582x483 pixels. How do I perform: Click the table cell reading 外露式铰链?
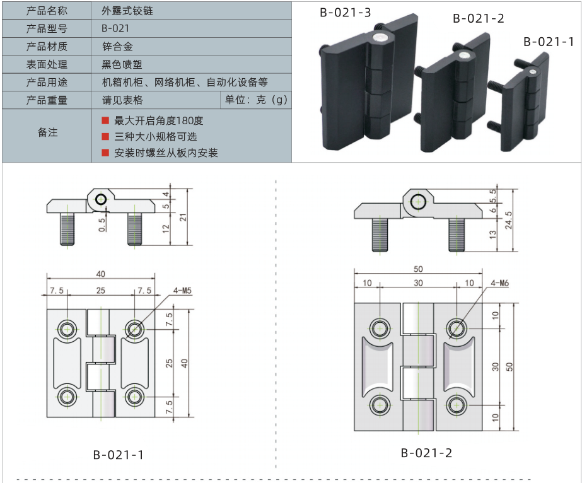tap(127, 11)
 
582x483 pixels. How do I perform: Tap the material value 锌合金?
tap(117, 47)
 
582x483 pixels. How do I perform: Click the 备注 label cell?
tap(47, 133)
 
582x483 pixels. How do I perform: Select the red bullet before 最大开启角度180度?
tap(105, 120)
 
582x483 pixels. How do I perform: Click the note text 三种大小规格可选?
tap(156, 136)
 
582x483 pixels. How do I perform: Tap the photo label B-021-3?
tap(344, 12)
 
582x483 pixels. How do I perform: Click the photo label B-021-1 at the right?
tap(548, 42)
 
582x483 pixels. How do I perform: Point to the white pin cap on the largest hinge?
tap(380, 38)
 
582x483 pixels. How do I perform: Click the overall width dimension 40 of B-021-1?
tap(101, 273)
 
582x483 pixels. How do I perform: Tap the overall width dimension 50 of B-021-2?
tap(418, 269)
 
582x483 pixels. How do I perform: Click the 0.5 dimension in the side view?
tap(102, 225)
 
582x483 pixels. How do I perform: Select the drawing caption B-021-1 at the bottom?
tap(119, 455)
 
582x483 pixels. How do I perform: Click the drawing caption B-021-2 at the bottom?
tap(426, 453)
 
